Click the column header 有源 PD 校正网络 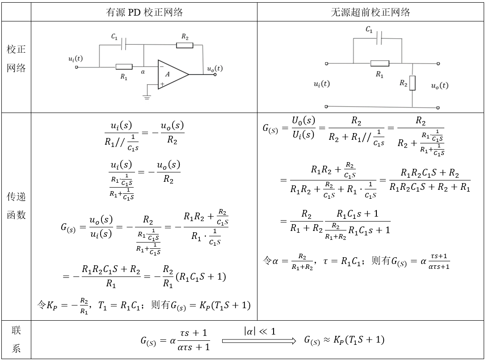(x=144, y=13)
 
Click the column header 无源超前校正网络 (x=370, y=13)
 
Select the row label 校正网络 (x=16, y=59)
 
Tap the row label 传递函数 (x=16, y=205)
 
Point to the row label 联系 (x=16, y=339)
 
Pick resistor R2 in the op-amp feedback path (x=185, y=45)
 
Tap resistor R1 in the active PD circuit (x=124, y=67)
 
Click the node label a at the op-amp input (x=143, y=71)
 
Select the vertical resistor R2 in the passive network (x=412, y=83)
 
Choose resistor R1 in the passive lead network (x=380, y=63)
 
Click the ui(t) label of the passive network (x=322, y=84)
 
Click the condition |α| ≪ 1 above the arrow (x=260, y=331)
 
